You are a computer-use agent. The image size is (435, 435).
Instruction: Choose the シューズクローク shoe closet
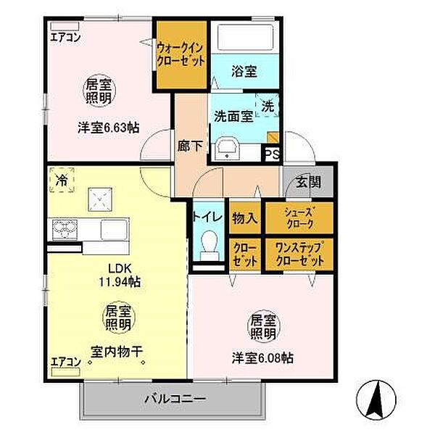(299, 216)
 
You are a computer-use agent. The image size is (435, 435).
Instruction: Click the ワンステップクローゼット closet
(299, 254)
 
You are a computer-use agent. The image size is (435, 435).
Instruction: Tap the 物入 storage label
(245, 216)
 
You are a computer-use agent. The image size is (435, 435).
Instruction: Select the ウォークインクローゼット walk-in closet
(182, 54)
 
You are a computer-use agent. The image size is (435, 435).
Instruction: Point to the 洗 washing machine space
(268, 106)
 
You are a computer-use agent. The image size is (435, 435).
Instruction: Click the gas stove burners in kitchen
(64, 229)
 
